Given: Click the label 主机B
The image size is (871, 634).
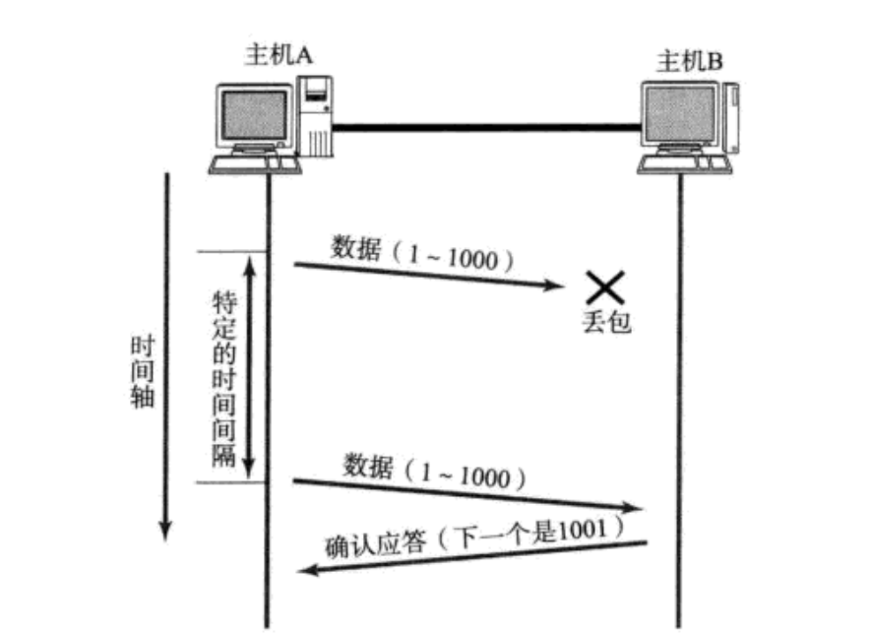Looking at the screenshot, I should (x=690, y=63).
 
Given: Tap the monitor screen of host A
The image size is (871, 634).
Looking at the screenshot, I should (x=255, y=114).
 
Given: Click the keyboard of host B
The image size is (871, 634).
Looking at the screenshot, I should (x=681, y=164).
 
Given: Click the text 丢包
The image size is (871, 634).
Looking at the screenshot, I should (x=605, y=323).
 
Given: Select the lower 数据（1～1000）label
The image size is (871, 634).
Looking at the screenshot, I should (x=434, y=470).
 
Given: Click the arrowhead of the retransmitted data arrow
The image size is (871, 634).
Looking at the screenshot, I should (x=635, y=509).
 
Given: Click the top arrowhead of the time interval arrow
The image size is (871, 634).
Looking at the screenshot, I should (x=249, y=264).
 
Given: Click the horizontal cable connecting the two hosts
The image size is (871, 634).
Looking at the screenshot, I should (x=487, y=126).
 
